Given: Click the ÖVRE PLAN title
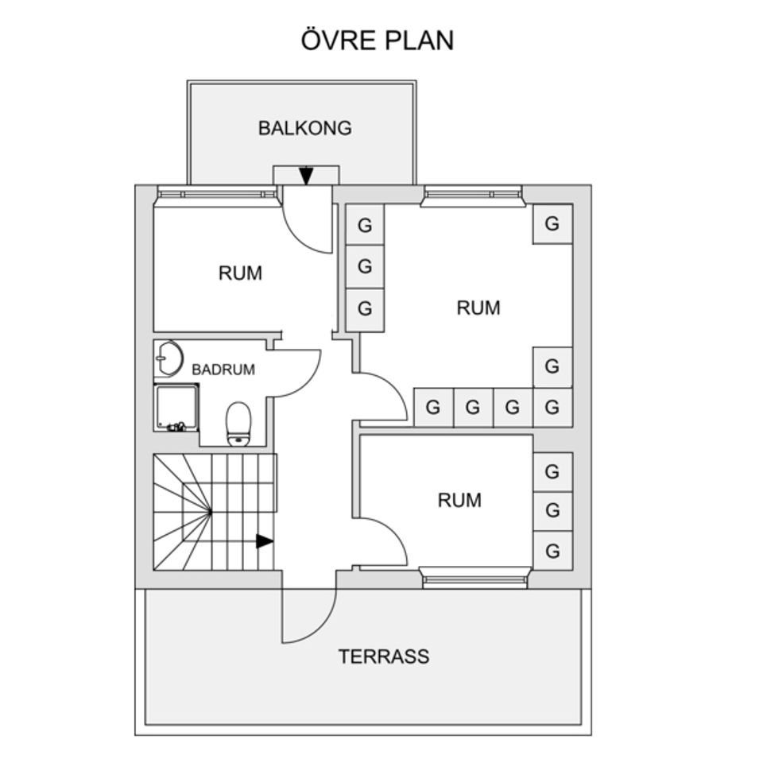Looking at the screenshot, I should (378, 40).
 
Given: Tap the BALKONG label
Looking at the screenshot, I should (304, 128).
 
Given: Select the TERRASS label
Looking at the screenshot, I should (383, 656).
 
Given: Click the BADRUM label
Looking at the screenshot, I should (223, 370).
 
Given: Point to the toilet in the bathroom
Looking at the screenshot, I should (238, 424).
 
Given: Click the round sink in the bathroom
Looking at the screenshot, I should (168, 358).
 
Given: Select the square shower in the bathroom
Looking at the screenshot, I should (176, 407).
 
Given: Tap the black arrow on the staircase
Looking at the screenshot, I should (264, 541).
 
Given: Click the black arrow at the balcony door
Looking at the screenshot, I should (306, 176).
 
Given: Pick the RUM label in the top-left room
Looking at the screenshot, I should (240, 273).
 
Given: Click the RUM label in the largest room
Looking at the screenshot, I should (478, 308).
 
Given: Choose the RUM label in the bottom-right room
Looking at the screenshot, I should (459, 500).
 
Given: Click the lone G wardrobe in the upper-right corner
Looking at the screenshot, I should (552, 224).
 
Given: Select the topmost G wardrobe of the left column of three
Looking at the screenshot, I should (365, 225).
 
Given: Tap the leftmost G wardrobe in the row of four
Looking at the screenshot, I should (433, 408).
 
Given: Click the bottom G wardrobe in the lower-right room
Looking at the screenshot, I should (552, 550).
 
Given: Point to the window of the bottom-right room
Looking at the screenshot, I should (475, 578).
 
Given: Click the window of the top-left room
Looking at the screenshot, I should (216, 193).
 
